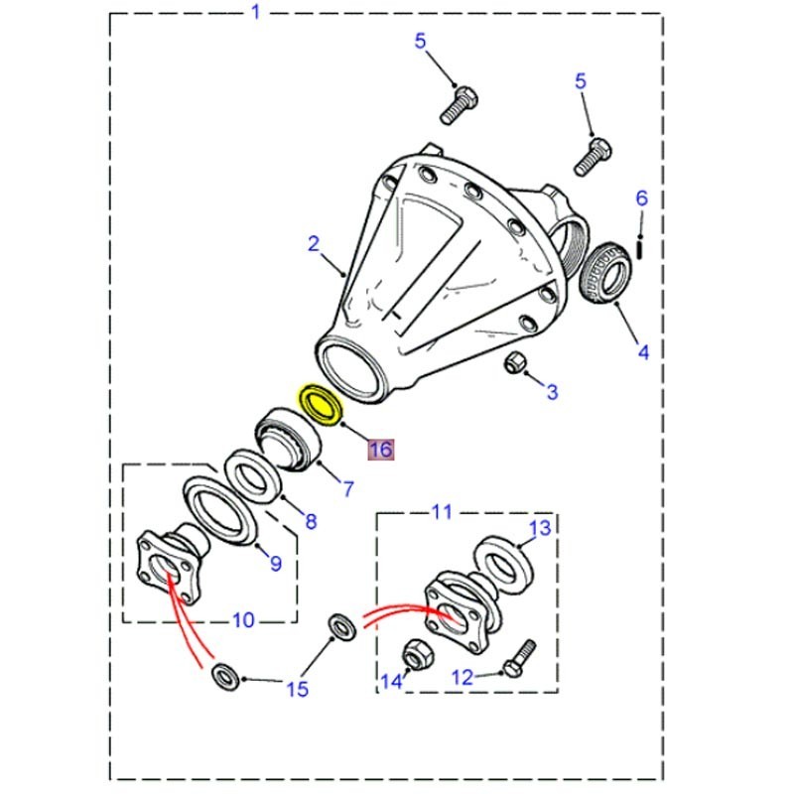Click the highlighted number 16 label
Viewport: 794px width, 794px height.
[381, 450]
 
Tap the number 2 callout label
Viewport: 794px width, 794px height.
[313, 244]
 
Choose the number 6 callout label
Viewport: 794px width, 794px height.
[641, 199]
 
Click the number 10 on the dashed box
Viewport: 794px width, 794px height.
[243, 621]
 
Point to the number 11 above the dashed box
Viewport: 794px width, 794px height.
[441, 512]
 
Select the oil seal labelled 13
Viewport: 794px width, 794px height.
[506, 563]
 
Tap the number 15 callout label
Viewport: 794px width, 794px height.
[297, 688]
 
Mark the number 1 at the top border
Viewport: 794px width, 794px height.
[256, 13]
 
